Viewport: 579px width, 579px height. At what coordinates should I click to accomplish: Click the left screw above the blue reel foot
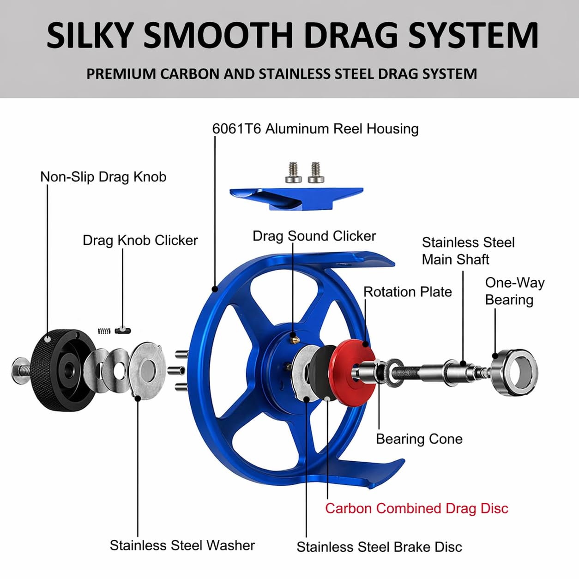coord(293,172)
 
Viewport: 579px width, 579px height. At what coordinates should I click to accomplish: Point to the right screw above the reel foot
coord(316,172)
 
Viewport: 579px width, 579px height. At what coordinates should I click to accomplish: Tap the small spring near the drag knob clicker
coord(104,331)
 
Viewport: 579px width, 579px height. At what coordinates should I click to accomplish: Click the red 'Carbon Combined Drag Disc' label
coord(416,508)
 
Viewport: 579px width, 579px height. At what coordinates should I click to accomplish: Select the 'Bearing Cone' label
coord(419,439)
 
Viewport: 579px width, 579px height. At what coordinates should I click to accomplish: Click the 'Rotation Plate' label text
coord(407,292)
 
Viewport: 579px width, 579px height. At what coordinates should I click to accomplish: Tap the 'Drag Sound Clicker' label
coord(314,236)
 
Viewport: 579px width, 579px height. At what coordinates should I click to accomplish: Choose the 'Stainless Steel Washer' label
coord(182,545)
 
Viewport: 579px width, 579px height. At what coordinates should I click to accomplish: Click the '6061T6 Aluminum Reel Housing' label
coord(315,129)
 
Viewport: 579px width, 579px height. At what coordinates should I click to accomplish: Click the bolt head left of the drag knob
coord(20,371)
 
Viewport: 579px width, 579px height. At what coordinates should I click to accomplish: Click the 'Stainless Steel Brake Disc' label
coord(379,547)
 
